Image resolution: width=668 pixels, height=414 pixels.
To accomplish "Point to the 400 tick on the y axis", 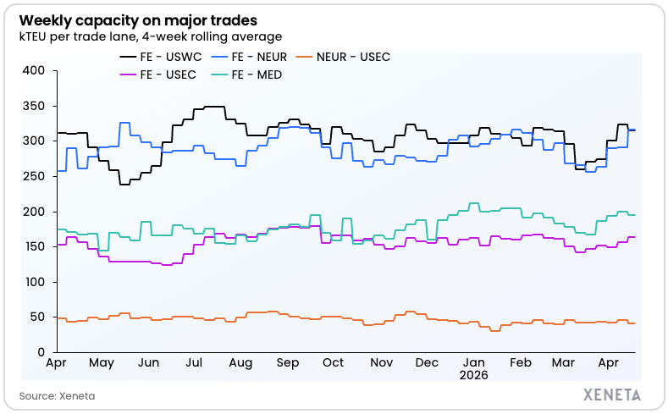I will click(33, 70).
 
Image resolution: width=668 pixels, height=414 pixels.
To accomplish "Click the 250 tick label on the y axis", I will click(33, 176).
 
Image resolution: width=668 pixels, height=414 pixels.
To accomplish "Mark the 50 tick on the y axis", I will click(36, 317).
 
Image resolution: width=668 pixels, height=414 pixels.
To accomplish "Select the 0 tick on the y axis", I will click(40, 352).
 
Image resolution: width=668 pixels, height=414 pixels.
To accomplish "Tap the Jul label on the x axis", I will click(193, 362).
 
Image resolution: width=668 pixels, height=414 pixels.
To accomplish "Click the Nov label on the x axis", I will click(381, 362).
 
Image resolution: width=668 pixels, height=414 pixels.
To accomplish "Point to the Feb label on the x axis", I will click(522, 362).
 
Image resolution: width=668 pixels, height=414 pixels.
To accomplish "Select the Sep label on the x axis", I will click(288, 362).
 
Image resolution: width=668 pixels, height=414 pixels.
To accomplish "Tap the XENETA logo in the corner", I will click(612, 395).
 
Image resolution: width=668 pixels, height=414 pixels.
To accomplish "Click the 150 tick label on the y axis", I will click(33, 246).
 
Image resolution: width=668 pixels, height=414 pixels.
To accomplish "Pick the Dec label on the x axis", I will click(428, 362).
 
